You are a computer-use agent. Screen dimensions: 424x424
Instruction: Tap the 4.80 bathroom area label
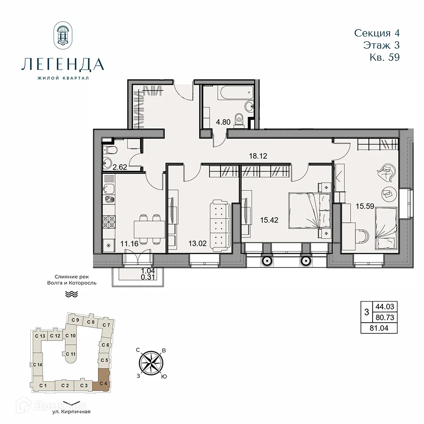click(x=223, y=122)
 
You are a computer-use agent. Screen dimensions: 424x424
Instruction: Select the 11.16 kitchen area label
click(x=117, y=243)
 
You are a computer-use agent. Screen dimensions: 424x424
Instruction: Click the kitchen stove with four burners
click(x=109, y=221)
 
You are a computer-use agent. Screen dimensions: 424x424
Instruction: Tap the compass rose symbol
click(x=152, y=362)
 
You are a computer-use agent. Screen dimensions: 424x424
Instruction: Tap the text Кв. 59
click(x=384, y=57)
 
